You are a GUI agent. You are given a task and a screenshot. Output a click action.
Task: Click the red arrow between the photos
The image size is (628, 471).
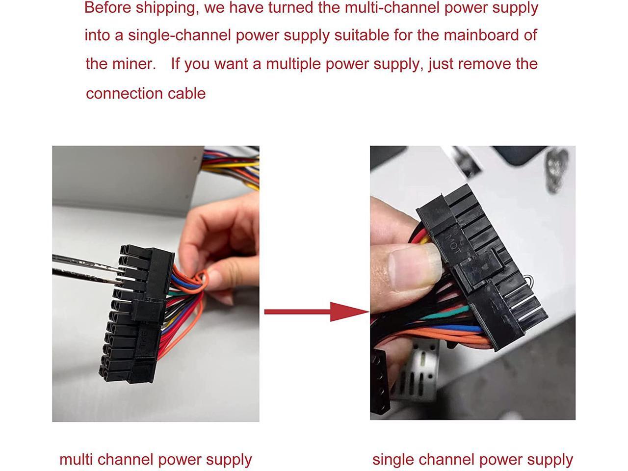pos(316,312)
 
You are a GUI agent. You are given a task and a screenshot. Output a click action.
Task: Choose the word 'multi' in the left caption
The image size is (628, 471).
pos(75,460)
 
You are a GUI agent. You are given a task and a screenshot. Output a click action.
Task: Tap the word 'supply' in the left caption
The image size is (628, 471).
pos(229,460)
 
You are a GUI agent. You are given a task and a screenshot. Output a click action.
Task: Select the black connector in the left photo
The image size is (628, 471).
pos(135,314)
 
